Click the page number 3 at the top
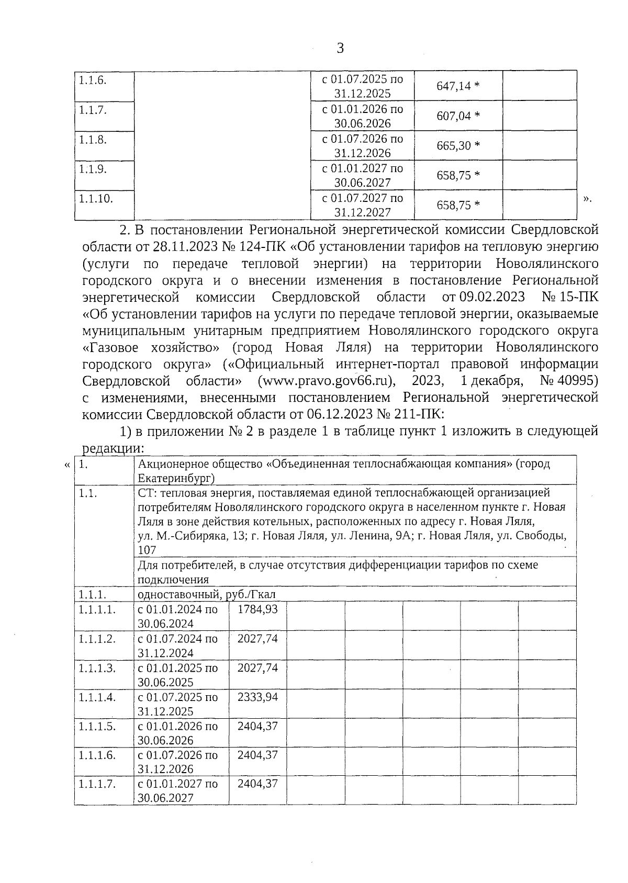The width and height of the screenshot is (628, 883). click(x=340, y=49)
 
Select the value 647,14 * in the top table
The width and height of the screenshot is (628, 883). click(x=458, y=86)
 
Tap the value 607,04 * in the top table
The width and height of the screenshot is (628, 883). click(x=458, y=116)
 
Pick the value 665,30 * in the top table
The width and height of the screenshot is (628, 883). click(x=458, y=145)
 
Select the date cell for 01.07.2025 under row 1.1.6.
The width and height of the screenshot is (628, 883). click(x=362, y=86)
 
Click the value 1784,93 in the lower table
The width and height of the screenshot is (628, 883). click(x=257, y=609)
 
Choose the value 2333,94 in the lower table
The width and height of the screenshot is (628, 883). click(x=257, y=697)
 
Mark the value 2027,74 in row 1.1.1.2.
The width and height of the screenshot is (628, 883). click(x=257, y=639)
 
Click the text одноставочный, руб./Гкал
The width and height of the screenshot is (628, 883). click(x=206, y=595)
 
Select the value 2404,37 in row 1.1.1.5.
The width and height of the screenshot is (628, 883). click(x=257, y=727)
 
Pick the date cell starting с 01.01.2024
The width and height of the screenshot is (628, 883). click(x=177, y=616)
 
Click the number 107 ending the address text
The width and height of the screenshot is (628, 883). click(x=147, y=550)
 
